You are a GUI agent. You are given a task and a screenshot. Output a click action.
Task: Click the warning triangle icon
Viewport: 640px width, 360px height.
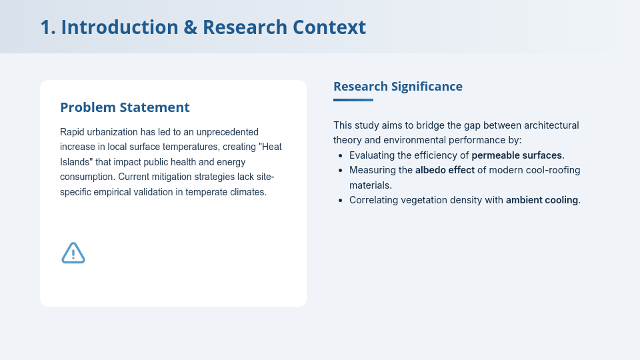(73, 253)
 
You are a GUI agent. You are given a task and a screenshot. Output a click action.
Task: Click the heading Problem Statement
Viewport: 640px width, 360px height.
(125, 107)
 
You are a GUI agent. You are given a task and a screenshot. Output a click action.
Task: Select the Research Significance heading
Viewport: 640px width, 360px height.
(397, 86)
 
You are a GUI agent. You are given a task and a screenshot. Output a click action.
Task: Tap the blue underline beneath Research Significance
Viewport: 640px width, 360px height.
(353, 100)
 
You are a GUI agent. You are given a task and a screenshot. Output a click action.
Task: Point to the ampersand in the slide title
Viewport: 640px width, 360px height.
(190, 27)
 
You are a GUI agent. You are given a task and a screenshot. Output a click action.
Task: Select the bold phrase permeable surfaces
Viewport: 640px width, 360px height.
(517, 155)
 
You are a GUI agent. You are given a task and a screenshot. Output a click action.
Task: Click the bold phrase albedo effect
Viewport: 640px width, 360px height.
(445, 170)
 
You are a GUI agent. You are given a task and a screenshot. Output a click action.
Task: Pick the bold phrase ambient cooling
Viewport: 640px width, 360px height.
(542, 199)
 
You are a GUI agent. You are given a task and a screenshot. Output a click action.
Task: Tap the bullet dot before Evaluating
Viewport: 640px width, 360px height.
(341, 155)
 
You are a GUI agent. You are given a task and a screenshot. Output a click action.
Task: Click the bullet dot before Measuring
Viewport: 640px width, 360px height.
(341, 170)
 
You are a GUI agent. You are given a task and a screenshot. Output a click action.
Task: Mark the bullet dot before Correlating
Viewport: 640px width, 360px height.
(341, 199)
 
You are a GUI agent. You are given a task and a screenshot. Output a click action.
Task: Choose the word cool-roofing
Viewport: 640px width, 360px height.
(551, 170)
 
